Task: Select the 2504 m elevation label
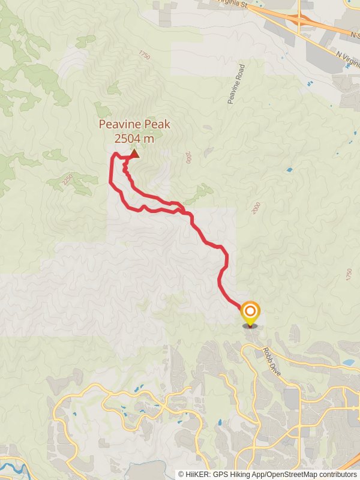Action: point(134,139)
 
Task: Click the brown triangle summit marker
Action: point(134,154)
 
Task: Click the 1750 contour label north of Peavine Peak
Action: point(143,55)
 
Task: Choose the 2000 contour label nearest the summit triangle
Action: point(189,158)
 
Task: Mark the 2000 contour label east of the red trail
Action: point(257,208)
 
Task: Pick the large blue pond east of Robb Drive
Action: point(347,362)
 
